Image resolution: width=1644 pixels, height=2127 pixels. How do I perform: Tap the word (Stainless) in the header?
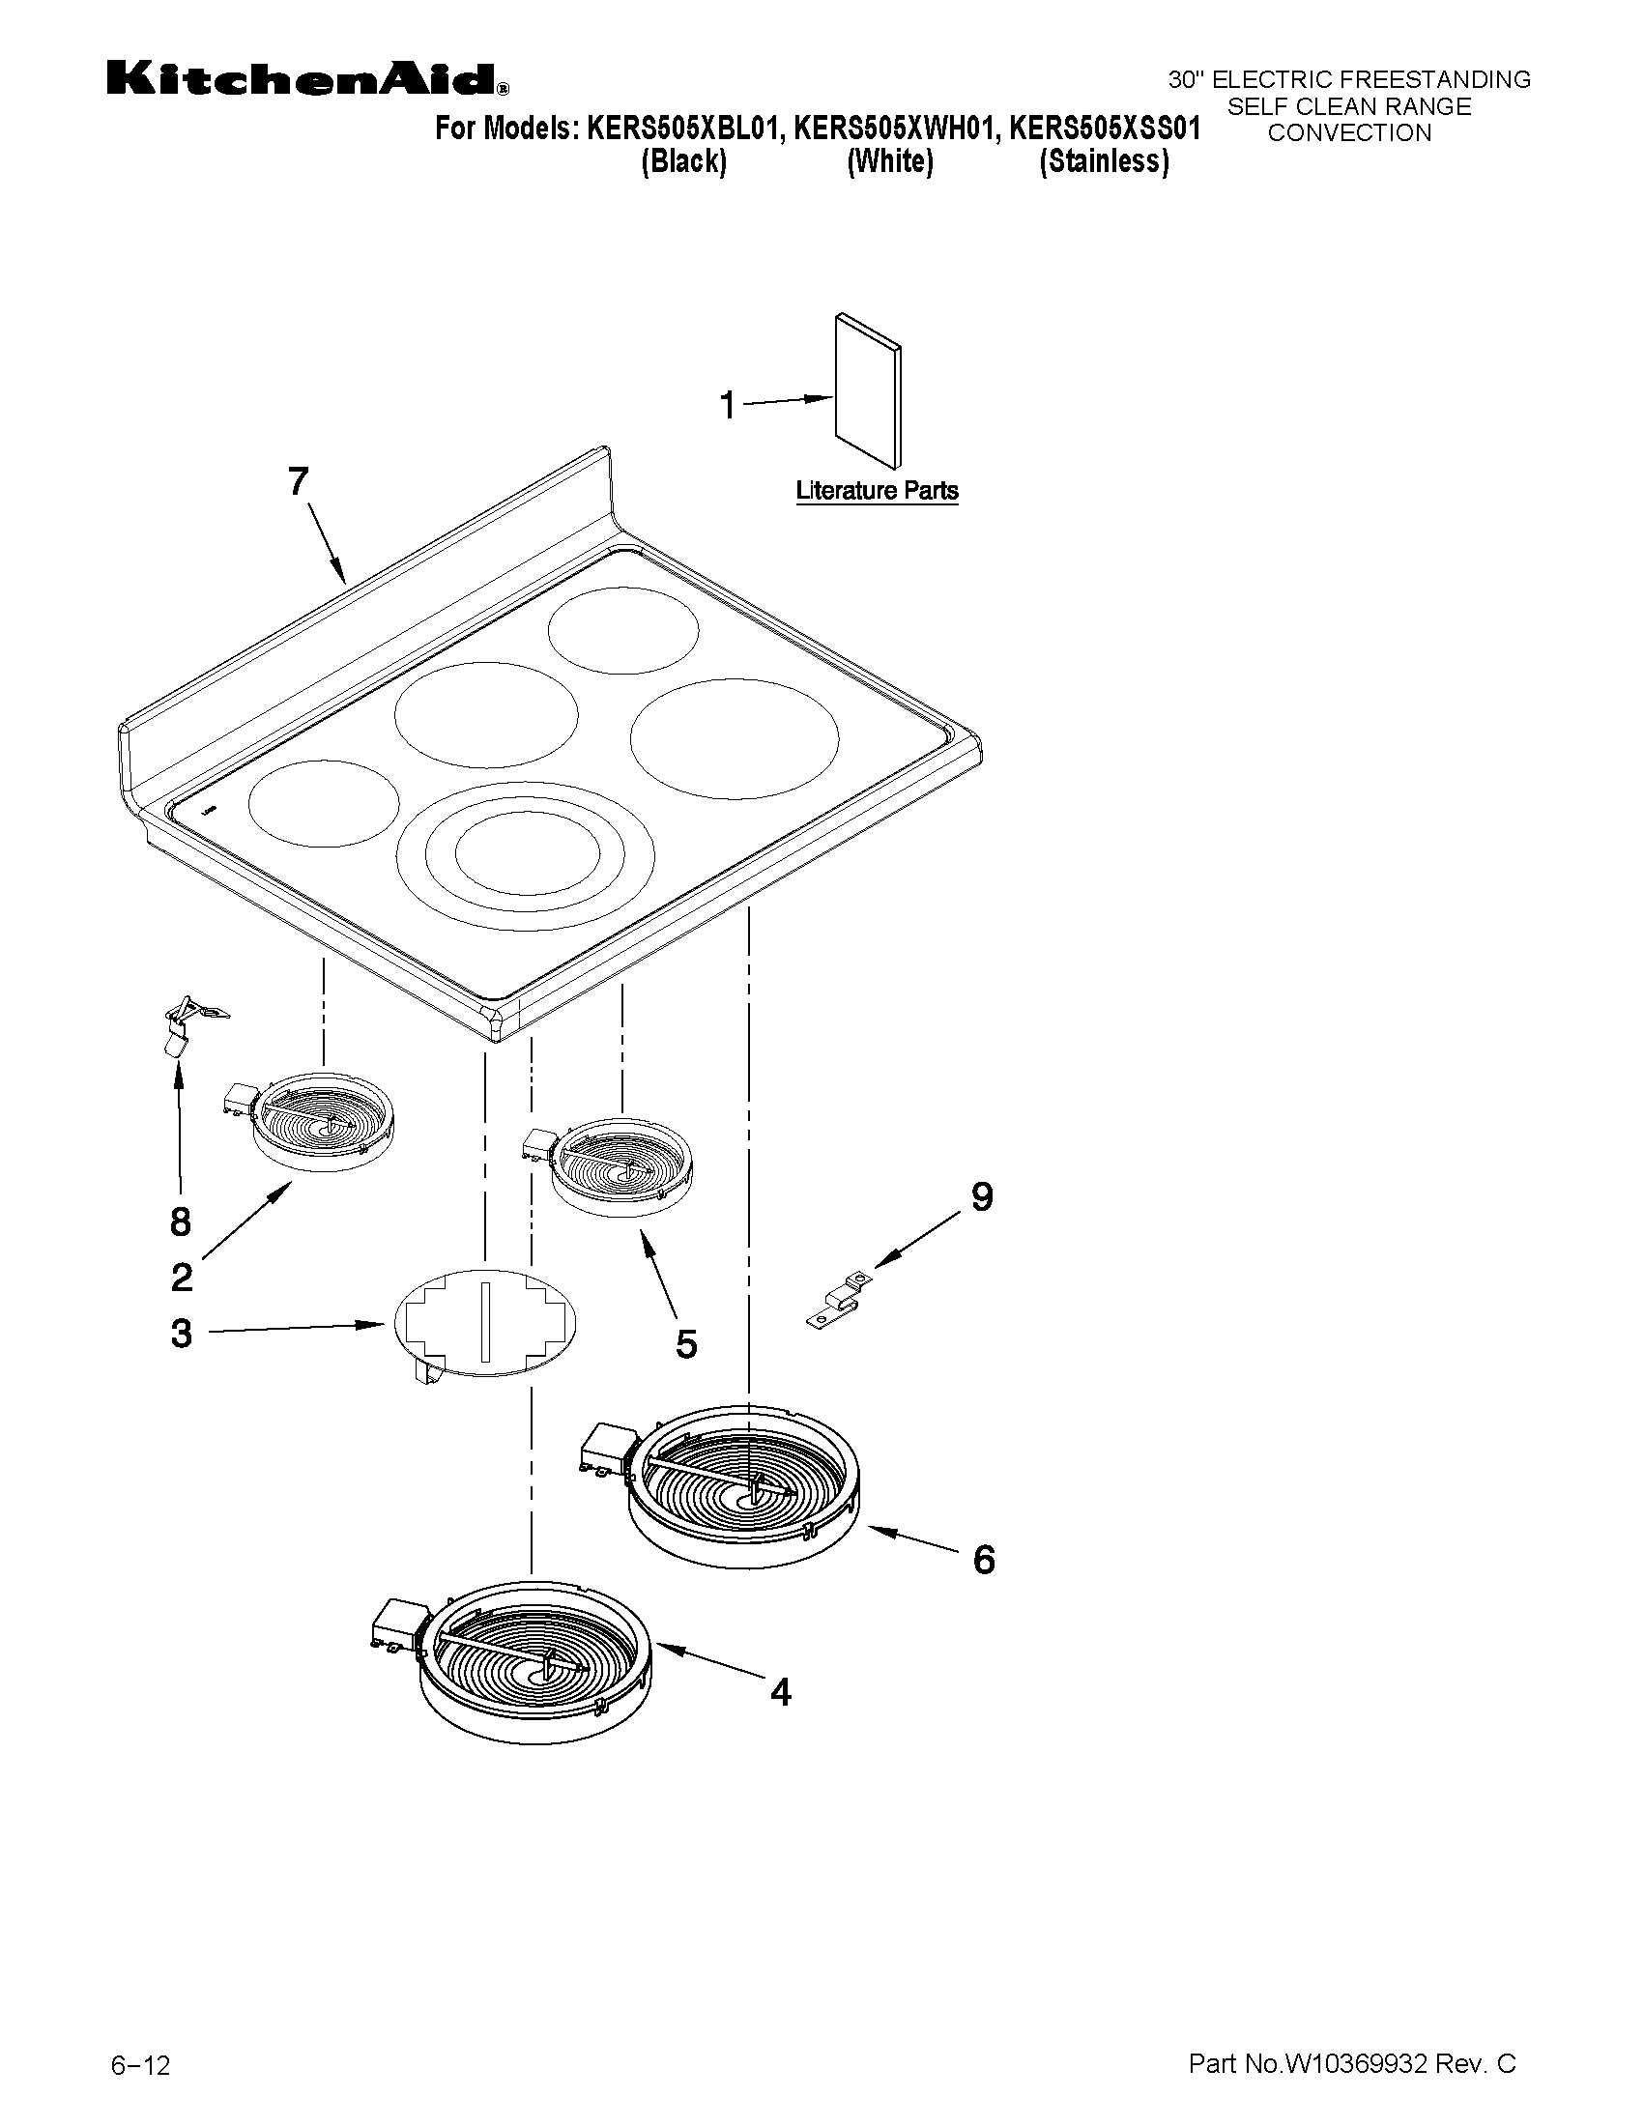pos(1104,161)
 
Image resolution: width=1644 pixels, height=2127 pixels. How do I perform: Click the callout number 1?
pos(728,405)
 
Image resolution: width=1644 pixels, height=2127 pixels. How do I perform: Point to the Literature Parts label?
pos(877,491)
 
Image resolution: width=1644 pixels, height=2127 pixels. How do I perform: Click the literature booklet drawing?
pos(868,389)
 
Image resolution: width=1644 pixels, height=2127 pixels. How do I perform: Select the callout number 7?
pos(298,481)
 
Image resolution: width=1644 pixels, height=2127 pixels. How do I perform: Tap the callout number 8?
pos(180,1222)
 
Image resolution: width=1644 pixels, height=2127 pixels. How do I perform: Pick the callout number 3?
pos(181,1334)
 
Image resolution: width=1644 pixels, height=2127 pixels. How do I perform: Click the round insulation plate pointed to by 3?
pos(484,1323)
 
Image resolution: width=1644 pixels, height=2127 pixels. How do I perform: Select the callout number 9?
pos(982,1197)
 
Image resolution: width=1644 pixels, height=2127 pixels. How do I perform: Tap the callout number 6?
pos(984,1559)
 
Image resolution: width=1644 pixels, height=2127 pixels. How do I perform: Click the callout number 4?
pos(780,1692)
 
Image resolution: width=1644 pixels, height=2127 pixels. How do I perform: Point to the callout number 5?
pos(686,1344)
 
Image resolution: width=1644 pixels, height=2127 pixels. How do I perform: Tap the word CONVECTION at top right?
pos(1349,133)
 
